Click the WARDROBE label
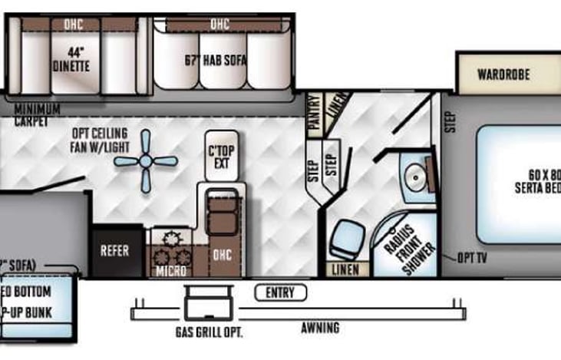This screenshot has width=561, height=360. (x=504, y=75)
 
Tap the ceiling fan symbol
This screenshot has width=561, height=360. (x=146, y=162)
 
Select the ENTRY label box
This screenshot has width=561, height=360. (x=280, y=292)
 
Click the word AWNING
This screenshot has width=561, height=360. (x=320, y=329)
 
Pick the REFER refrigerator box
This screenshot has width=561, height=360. (x=115, y=251)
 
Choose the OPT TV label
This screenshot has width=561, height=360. (x=472, y=258)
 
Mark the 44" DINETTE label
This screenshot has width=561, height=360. (x=71, y=61)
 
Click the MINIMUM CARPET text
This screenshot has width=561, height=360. (x=37, y=115)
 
